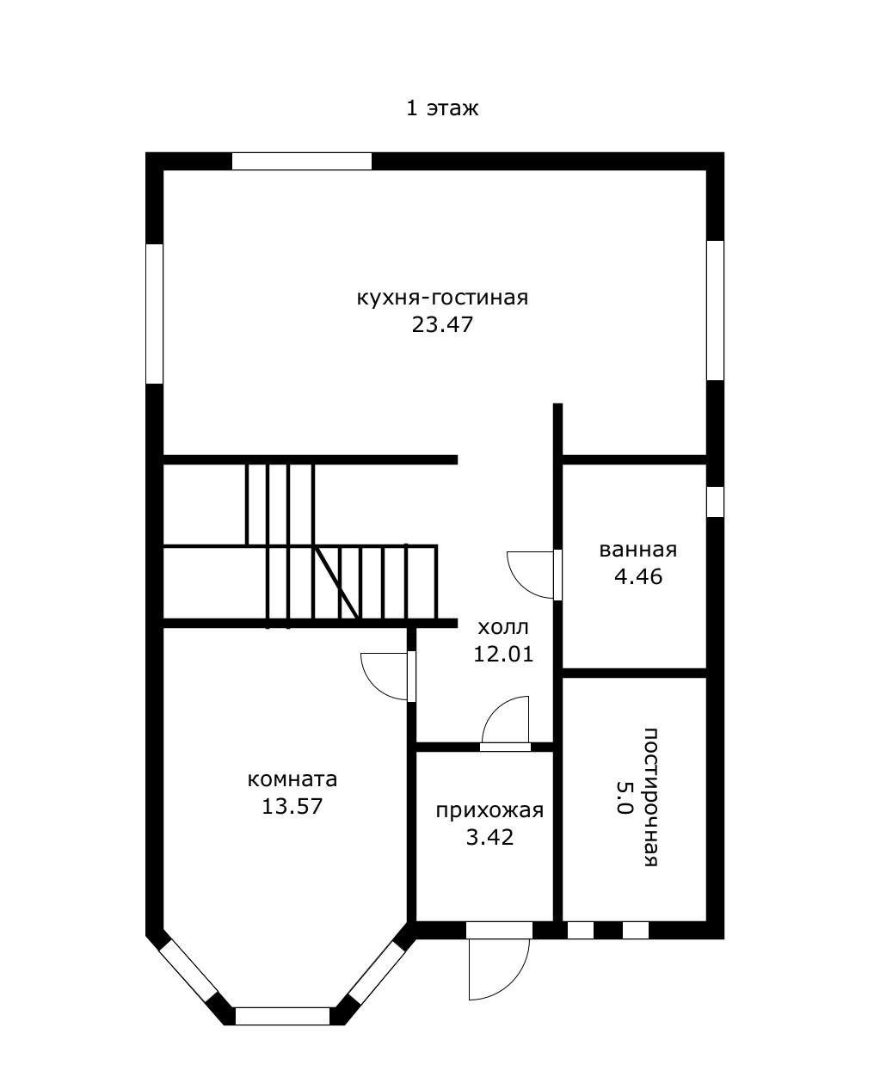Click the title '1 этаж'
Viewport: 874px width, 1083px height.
[441, 108]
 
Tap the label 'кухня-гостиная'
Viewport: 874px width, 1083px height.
[442, 298]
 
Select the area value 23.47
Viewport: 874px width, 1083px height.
[442, 324]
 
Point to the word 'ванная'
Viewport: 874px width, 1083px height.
[638, 550]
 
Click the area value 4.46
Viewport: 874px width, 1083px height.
[638, 576]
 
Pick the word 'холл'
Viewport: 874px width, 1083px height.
[503, 628]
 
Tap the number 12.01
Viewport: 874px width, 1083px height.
[503, 655]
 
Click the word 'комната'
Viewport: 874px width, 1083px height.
[292, 779]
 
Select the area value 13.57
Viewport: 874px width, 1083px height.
[292, 807]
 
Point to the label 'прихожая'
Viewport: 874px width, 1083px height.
[489, 811]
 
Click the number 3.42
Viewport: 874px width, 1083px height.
[489, 838]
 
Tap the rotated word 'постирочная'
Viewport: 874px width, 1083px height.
[651, 797]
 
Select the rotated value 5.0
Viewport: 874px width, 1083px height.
[624, 797]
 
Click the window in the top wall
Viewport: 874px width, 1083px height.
[302, 162]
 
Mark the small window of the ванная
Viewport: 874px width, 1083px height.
[716, 502]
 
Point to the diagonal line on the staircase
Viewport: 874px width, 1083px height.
[335, 583]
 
